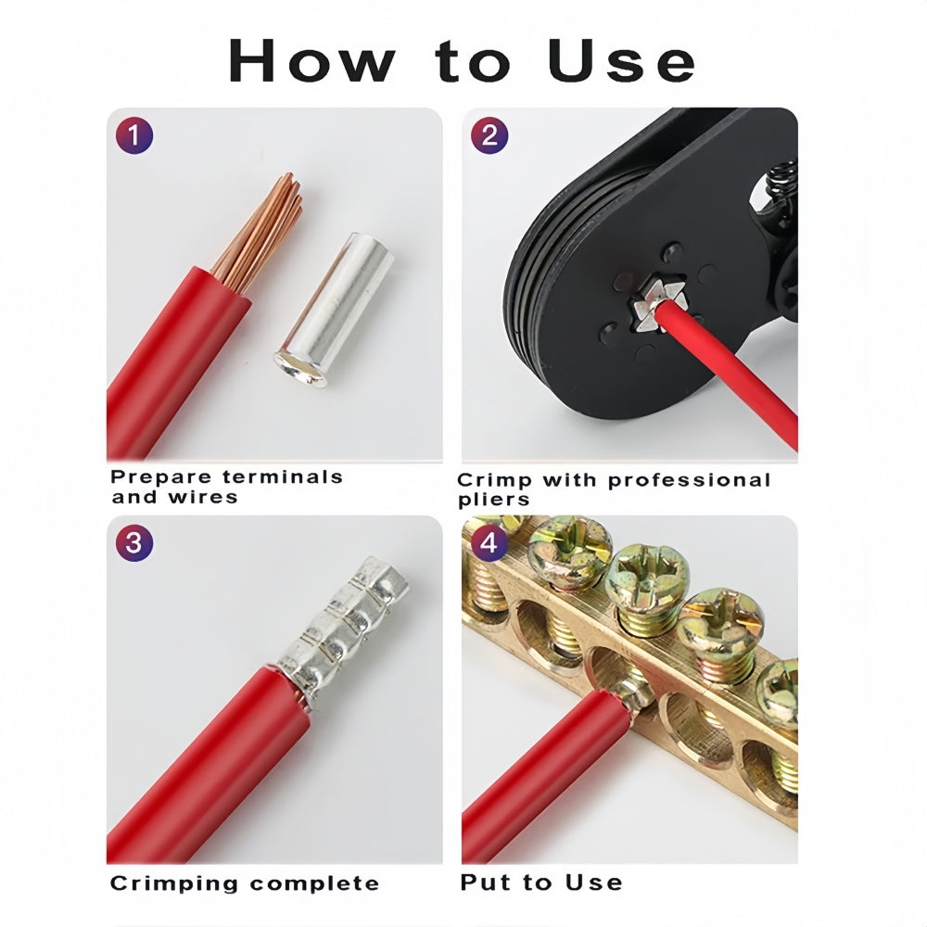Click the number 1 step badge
click(134, 135)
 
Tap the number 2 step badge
click(489, 135)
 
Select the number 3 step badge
click(134, 542)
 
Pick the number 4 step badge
click(489, 541)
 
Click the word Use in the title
click(622, 61)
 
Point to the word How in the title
click(312, 61)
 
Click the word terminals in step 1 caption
click(283, 476)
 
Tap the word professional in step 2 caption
click(690, 480)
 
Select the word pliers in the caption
click(493, 500)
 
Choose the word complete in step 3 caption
click(314, 883)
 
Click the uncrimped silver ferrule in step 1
click(336, 311)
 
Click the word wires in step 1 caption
click(203, 497)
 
